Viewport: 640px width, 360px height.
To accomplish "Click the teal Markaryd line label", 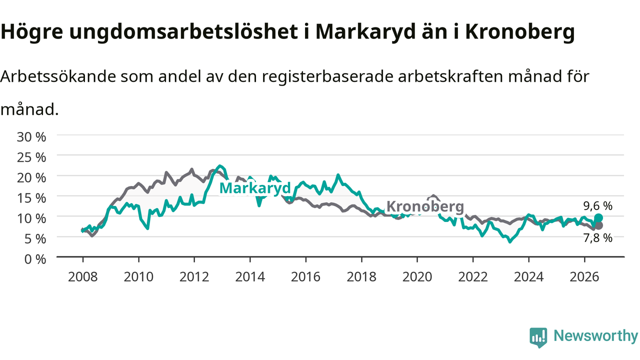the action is (255, 188).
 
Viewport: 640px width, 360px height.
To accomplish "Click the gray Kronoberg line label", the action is (425, 206).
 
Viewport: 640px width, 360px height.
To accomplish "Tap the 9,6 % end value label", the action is (597, 205).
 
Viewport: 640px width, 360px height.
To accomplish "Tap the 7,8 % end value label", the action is (597, 237).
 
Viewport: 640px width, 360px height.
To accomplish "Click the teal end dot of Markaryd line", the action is (598, 218).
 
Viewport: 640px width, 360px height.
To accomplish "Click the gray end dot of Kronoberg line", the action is (598, 225).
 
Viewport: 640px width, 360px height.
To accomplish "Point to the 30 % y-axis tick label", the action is (31, 137).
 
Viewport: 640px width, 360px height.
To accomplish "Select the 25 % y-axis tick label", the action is (31, 157).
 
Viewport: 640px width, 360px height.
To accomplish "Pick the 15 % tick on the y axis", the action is (31, 198).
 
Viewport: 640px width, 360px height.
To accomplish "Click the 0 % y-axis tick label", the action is (35, 259).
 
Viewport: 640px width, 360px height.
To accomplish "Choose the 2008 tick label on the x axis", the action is (83, 277).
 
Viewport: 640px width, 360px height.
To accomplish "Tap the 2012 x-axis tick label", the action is (194, 277).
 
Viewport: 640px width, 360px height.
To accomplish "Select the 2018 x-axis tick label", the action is (361, 277).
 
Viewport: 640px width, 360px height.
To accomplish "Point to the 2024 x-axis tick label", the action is (528, 277).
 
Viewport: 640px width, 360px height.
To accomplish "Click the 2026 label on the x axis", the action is (584, 277).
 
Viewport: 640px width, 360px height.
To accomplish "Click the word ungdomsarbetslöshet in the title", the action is (183, 32).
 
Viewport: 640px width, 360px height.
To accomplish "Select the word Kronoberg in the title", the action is (520, 32).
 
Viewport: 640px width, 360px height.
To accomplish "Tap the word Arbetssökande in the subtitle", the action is (58, 76).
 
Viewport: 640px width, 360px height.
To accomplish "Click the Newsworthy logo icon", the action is (538, 337).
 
